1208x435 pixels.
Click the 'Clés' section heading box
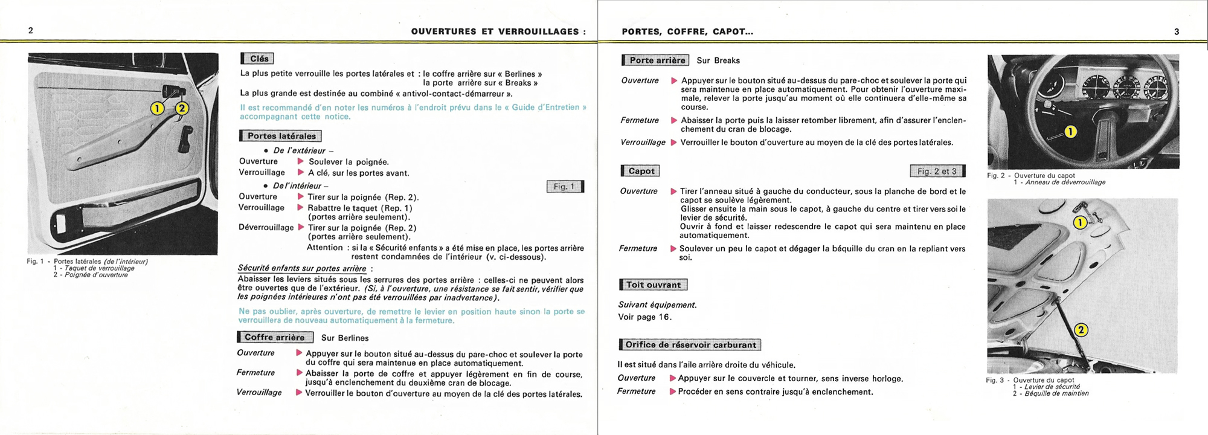[258, 59]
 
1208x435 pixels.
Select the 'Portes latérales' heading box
[281, 136]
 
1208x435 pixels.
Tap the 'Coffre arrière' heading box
[275, 337]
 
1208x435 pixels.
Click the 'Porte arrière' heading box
[656, 60]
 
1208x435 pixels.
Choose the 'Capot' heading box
[641, 171]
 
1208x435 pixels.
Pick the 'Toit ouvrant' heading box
[653, 285]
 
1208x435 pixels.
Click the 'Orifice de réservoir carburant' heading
[690, 345]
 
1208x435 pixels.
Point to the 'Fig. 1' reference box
[565, 187]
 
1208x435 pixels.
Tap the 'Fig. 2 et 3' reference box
[937, 171]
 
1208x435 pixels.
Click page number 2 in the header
[31, 31]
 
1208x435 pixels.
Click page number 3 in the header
[1177, 31]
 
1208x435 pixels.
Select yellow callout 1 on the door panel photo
[157, 108]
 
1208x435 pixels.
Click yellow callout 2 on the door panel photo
[182, 109]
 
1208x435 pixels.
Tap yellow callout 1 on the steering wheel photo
[1070, 132]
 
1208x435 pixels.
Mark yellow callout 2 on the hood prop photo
[1081, 330]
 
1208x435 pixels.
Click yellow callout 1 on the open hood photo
[1080, 222]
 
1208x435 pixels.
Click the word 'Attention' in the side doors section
[325, 248]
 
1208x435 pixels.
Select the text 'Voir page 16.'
[644, 317]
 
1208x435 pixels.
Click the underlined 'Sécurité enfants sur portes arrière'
[302, 268]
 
